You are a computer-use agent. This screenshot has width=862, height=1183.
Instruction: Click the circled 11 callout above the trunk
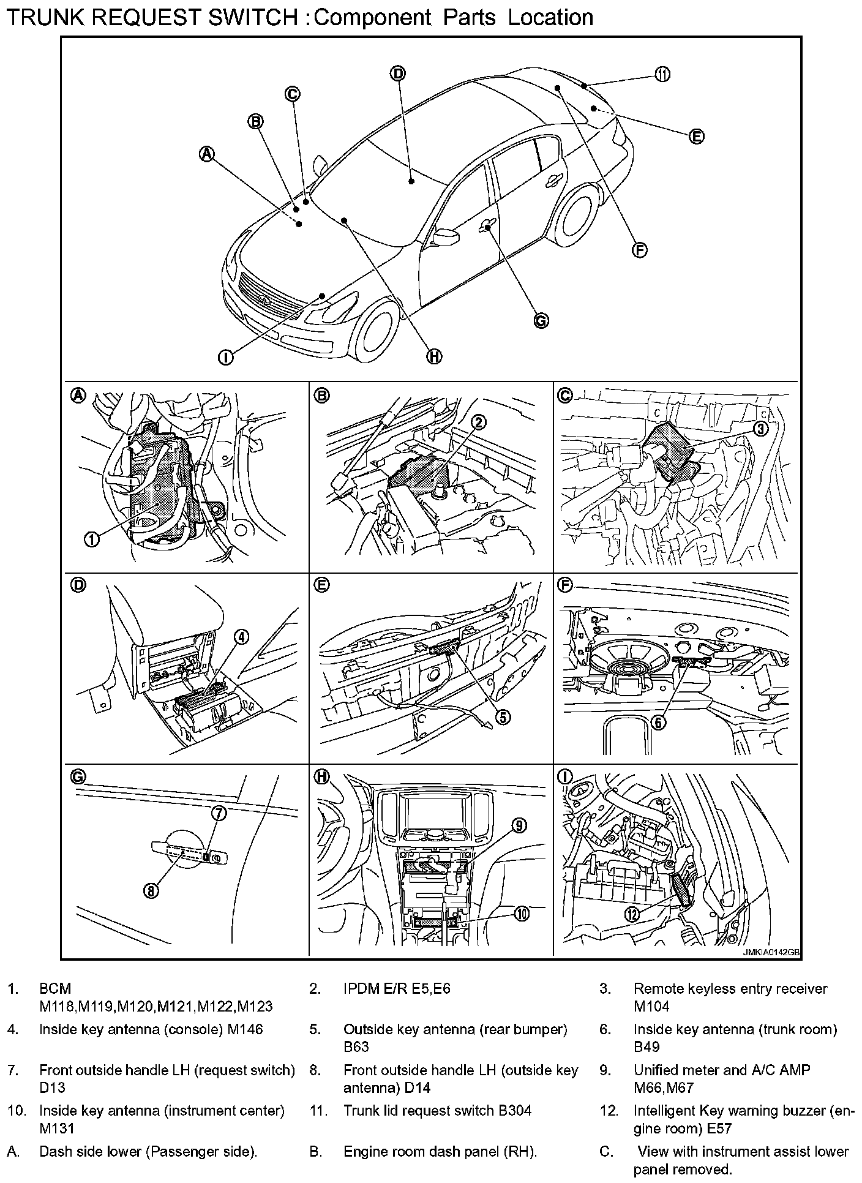(662, 75)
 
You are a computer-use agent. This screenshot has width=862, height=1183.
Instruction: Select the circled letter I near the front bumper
(226, 357)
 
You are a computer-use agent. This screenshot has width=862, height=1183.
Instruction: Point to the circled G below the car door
(541, 320)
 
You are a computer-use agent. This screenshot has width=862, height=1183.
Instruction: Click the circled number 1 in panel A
(91, 539)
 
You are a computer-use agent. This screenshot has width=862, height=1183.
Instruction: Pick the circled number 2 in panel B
(479, 421)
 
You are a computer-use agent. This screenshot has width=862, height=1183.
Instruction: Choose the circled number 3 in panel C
(760, 428)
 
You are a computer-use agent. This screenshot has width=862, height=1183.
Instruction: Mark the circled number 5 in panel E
(503, 717)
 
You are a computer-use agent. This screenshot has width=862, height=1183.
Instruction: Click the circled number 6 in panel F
(659, 723)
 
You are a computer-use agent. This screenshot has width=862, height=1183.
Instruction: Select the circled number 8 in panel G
(151, 890)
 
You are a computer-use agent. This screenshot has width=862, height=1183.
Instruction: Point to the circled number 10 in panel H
(521, 914)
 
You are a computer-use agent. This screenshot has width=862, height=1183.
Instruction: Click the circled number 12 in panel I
(632, 914)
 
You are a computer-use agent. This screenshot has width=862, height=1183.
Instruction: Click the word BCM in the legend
(55, 989)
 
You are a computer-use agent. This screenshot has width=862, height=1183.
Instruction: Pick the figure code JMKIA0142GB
(771, 953)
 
